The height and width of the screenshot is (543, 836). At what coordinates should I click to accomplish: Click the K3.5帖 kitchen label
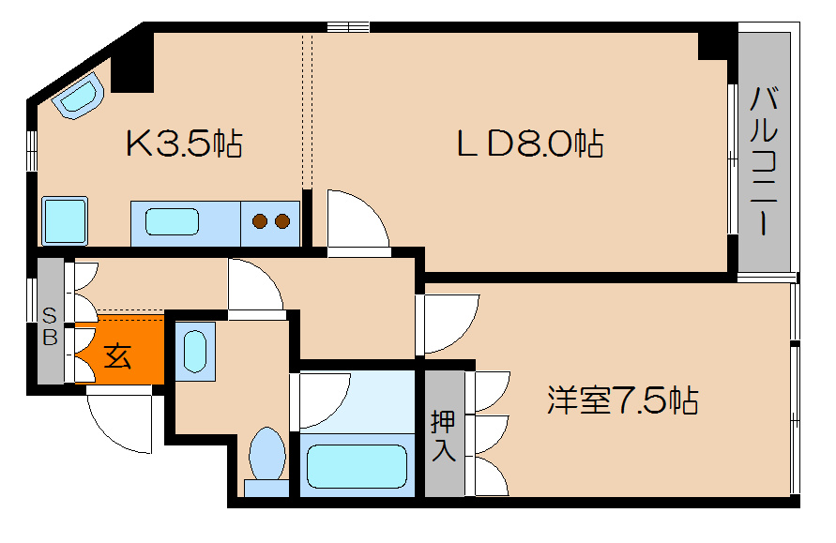click(x=184, y=144)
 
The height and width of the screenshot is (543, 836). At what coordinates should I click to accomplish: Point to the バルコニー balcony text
click(x=765, y=161)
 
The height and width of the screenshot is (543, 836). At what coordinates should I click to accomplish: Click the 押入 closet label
click(x=443, y=435)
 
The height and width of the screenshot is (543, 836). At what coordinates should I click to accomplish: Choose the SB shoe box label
click(x=50, y=325)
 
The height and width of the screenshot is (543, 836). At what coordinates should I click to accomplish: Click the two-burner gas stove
click(x=271, y=222)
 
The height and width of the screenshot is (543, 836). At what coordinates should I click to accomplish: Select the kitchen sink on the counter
click(x=173, y=222)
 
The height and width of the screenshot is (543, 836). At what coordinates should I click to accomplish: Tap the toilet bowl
click(x=267, y=457)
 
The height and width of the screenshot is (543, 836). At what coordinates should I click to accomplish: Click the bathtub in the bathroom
click(x=357, y=464)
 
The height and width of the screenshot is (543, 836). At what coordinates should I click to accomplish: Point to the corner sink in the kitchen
click(x=78, y=98)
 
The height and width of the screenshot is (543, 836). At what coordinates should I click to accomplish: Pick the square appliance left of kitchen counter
click(x=64, y=221)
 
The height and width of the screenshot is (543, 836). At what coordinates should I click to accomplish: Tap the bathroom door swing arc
click(x=324, y=400)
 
